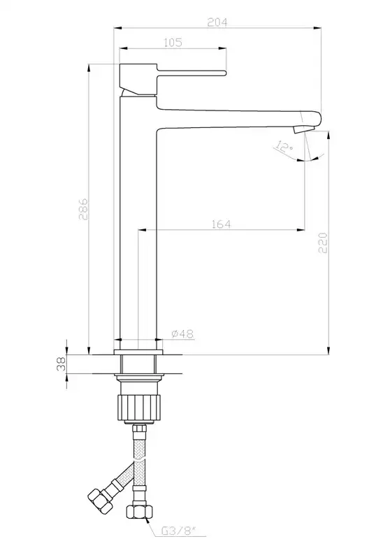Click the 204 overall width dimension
coord(217,22)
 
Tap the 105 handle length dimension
coord(173,43)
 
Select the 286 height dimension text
coord(83,209)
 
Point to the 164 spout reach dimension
coord(221,224)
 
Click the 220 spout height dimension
coord(323,243)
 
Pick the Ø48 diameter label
coord(182,333)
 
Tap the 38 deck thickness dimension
coord(62,364)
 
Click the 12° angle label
coord(284,147)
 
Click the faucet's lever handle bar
coord(191,73)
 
